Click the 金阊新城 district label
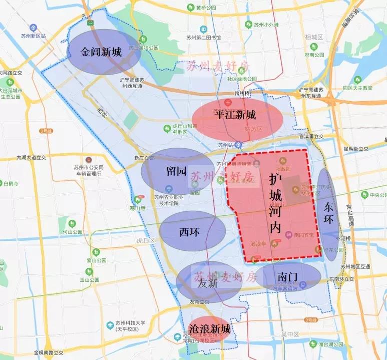click(101, 52)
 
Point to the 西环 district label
click(190, 232)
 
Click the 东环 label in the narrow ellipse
click(328, 213)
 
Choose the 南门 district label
click(287, 277)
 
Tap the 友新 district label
click(208, 283)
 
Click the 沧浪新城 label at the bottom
click(210, 329)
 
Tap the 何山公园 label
click(73, 232)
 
